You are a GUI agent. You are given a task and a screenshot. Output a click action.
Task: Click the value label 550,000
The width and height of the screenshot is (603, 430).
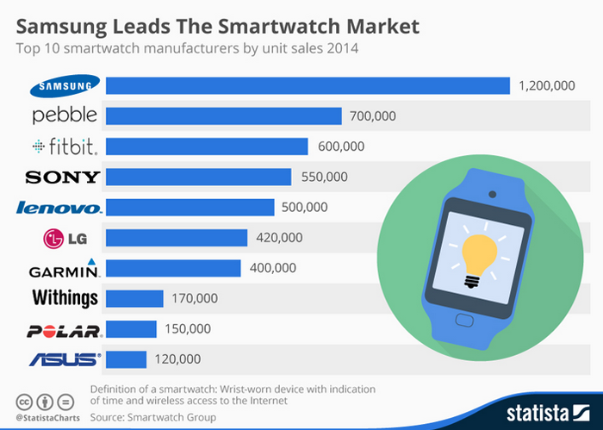coord(324,177)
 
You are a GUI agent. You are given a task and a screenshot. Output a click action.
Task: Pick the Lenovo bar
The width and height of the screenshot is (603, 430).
coord(190,207)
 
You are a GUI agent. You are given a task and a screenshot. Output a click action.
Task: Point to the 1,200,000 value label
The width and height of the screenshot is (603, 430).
coord(546,85)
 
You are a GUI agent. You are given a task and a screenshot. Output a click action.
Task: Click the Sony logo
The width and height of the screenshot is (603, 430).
coord(63,177)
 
